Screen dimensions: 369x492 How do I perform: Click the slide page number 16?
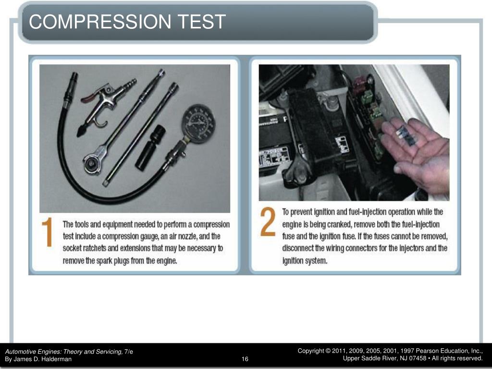point(245,359)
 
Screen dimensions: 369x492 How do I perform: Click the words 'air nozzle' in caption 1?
point(185,236)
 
